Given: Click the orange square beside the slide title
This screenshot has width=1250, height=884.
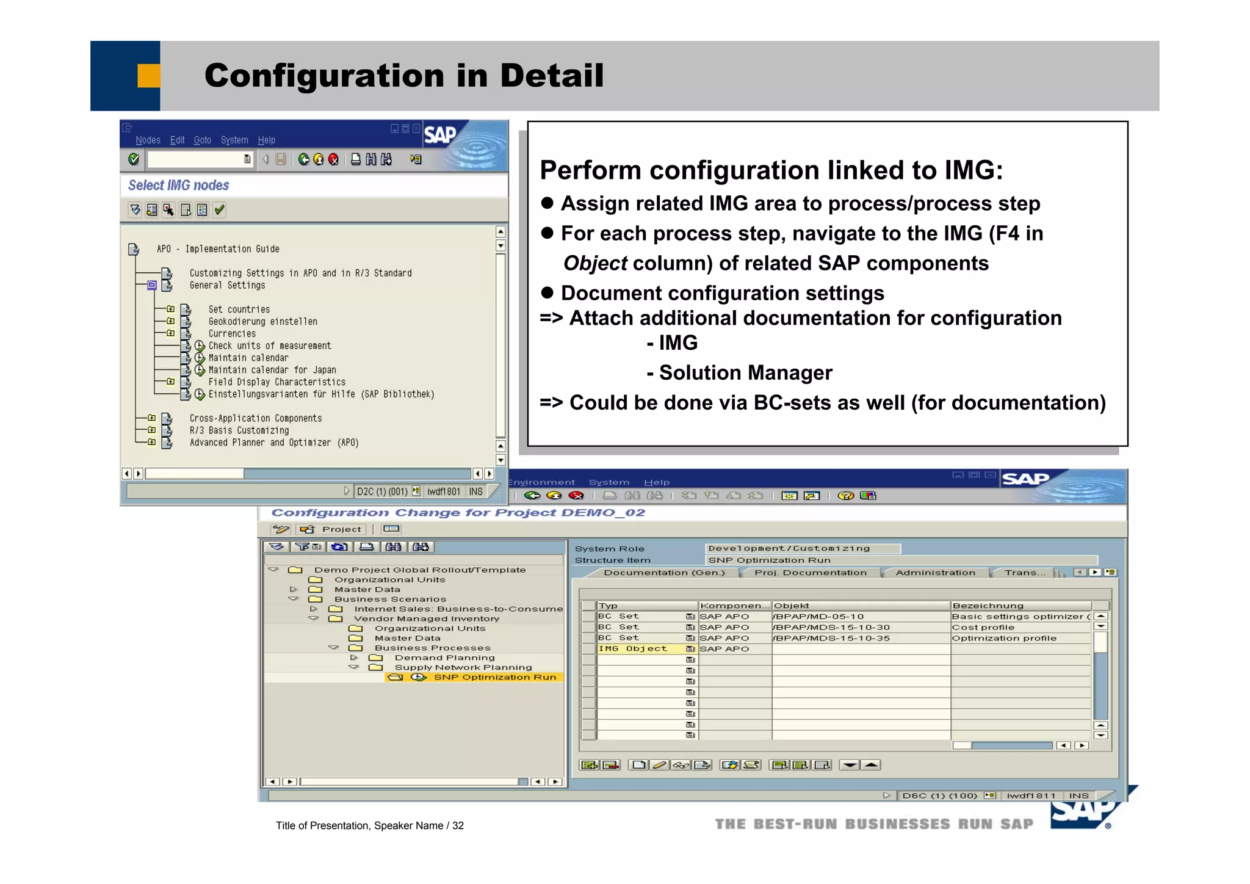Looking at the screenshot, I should pos(148,76).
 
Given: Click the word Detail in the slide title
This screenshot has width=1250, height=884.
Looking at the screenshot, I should pos(551,76).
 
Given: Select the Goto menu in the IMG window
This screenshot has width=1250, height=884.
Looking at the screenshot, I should pos(202,140).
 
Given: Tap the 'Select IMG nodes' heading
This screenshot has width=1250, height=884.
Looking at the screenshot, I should pos(178,186).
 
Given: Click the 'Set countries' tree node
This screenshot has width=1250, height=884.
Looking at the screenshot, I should pos(239,310).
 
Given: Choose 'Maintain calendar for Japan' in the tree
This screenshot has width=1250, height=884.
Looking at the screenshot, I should pos(272,370).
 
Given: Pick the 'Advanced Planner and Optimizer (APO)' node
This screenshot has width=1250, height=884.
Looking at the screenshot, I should pos(274,443).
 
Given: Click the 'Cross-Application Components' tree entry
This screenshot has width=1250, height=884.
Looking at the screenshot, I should pos(255,418).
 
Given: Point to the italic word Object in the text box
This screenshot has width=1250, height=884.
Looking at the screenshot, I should pos(595,263).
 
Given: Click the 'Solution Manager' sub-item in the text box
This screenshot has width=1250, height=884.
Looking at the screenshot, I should pos(745,372).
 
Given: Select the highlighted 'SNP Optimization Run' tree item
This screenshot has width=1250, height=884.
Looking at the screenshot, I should pos(494,677).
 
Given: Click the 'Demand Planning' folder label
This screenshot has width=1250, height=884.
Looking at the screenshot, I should pos(444,658).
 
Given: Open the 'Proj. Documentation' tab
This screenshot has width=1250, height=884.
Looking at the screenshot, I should pos(810,573).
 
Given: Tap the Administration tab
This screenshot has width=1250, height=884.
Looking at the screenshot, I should pos(935,573).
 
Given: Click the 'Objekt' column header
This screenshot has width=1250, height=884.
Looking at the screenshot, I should pos(792,606).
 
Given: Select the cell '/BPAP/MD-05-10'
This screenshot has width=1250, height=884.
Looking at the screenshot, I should pos(819,617).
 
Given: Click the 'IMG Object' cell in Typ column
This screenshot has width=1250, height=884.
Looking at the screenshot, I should pos(632,649).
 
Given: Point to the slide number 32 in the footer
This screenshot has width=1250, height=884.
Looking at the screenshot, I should pos(458,826).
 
